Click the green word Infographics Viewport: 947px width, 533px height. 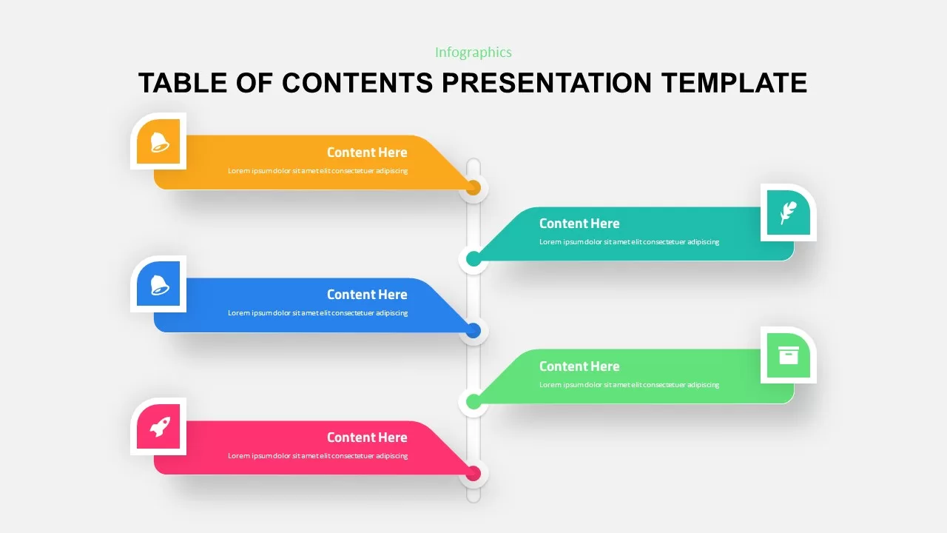pos(473,52)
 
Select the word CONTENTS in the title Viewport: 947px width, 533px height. pos(357,82)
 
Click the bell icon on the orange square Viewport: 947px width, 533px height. pos(159,141)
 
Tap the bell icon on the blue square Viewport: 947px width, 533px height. pos(159,284)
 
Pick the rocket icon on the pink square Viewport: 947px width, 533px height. pos(159,426)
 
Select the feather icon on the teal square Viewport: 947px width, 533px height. pos(789,212)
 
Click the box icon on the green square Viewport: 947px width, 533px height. pos(789,355)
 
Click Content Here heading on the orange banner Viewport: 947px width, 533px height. pos(367,152)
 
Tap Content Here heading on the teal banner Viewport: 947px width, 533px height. pos(579,224)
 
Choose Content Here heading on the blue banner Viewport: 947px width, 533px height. pos(367,295)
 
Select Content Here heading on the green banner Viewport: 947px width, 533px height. pos(579,366)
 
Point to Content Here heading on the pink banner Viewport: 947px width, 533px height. pos(367,438)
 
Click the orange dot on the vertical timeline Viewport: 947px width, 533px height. pos(473,188)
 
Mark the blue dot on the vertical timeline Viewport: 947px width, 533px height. pos(473,330)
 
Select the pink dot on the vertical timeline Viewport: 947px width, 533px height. pos(473,473)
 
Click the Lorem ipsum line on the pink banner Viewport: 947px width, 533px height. pos(317,456)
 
